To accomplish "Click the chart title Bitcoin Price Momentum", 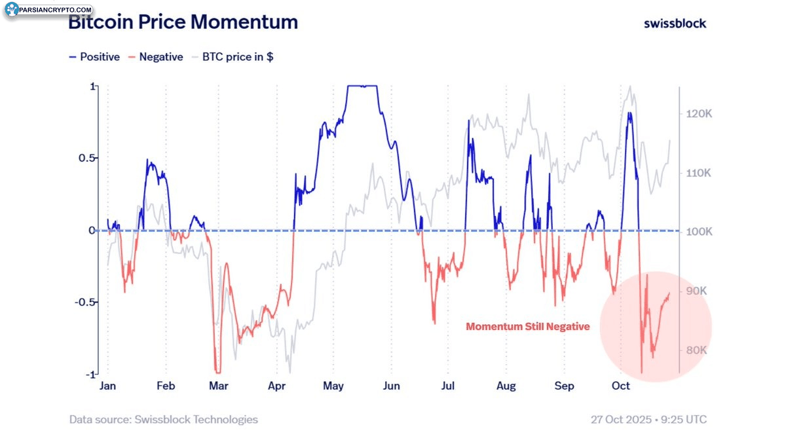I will [x=183, y=22].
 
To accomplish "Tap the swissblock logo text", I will [x=675, y=23].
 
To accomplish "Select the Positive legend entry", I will [x=95, y=57].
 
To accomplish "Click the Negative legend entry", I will [x=156, y=57].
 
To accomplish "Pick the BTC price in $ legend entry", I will [x=233, y=57].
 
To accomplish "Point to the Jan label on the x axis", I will [x=107, y=386].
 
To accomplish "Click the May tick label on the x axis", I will [x=333, y=386].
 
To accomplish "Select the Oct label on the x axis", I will [x=620, y=386].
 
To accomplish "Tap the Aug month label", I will [x=506, y=386].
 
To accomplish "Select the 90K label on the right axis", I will [x=697, y=291].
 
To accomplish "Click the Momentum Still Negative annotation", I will [x=528, y=326].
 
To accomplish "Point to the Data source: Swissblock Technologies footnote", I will [x=164, y=419].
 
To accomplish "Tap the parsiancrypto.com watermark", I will [x=49, y=10].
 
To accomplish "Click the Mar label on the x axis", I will [x=219, y=386].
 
